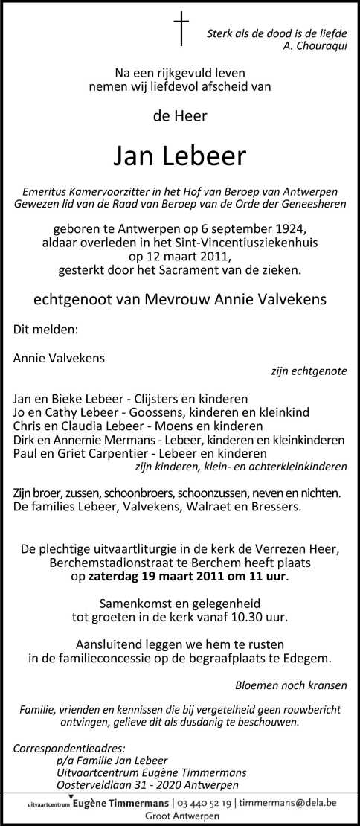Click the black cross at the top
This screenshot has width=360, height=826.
[181, 29]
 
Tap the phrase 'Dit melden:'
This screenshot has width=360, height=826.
[45, 327]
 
